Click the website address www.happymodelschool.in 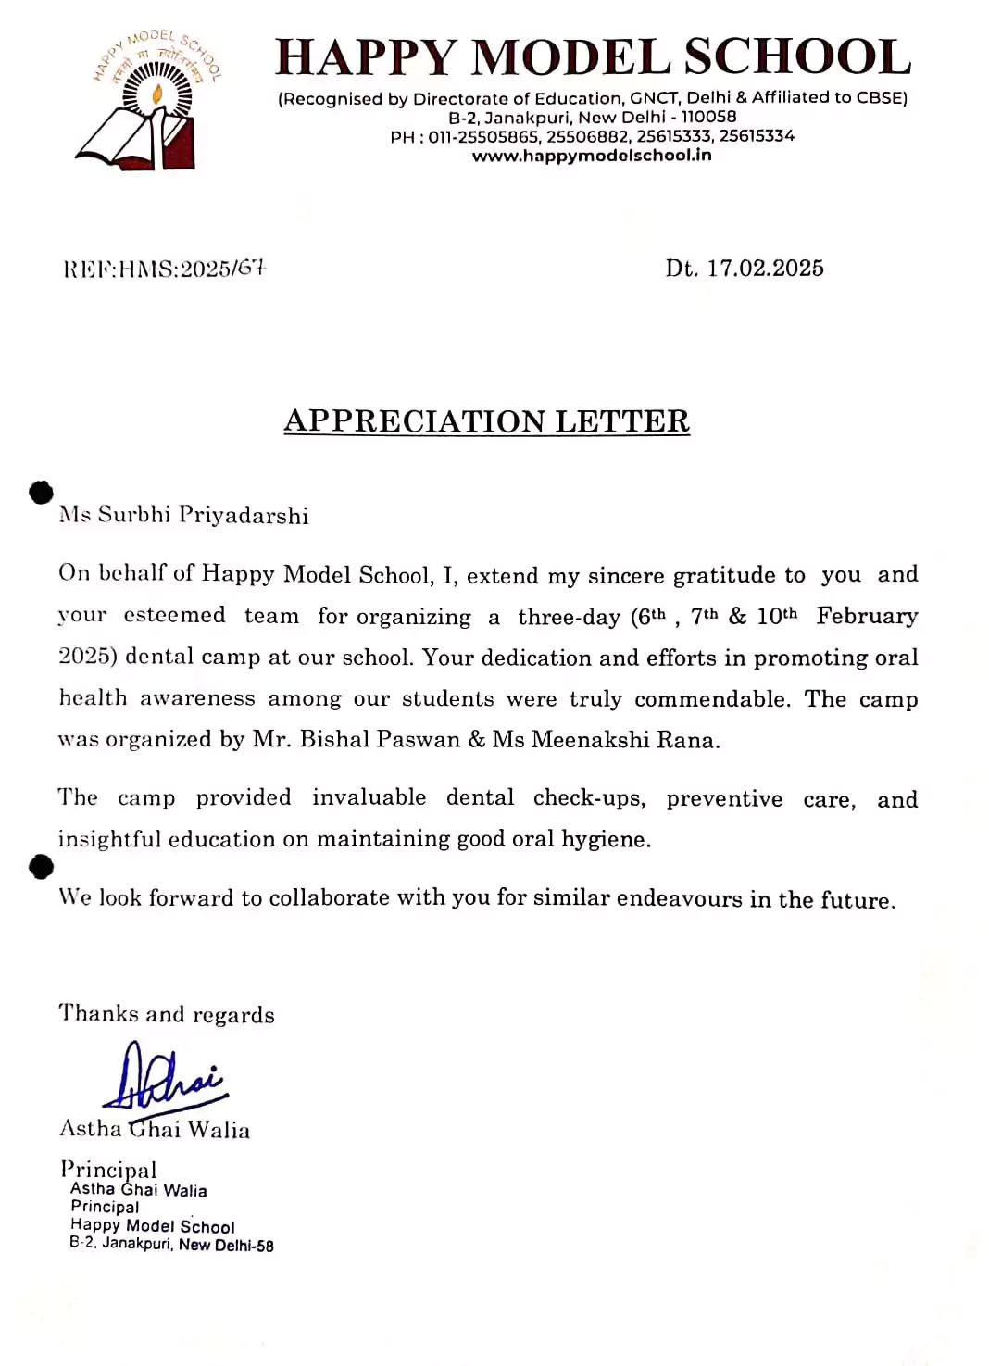click(x=592, y=156)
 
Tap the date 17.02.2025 click(x=765, y=269)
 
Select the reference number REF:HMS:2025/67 click(x=165, y=269)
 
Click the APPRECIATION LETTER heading click(x=486, y=421)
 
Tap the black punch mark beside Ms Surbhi click(x=42, y=493)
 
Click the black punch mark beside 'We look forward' click(x=42, y=868)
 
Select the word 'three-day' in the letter click(x=569, y=617)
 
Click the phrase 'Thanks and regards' click(x=167, y=1014)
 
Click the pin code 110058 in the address click(x=708, y=118)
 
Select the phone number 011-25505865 click(x=483, y=136)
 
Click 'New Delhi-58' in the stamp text click(x=226, y=1246)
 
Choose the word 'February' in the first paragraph click(x=867, y=617)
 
